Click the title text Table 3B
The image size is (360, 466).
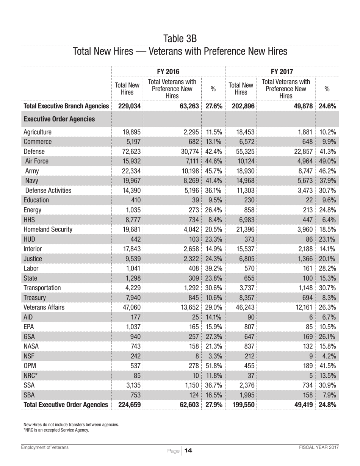click(180, 38)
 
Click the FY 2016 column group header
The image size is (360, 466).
click(168, 71)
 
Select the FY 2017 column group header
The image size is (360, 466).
click(282, 71)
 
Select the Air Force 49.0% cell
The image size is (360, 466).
click(327, 161)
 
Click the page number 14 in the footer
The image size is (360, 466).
click(188, 450)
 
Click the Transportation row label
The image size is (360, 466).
click(42, 288)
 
